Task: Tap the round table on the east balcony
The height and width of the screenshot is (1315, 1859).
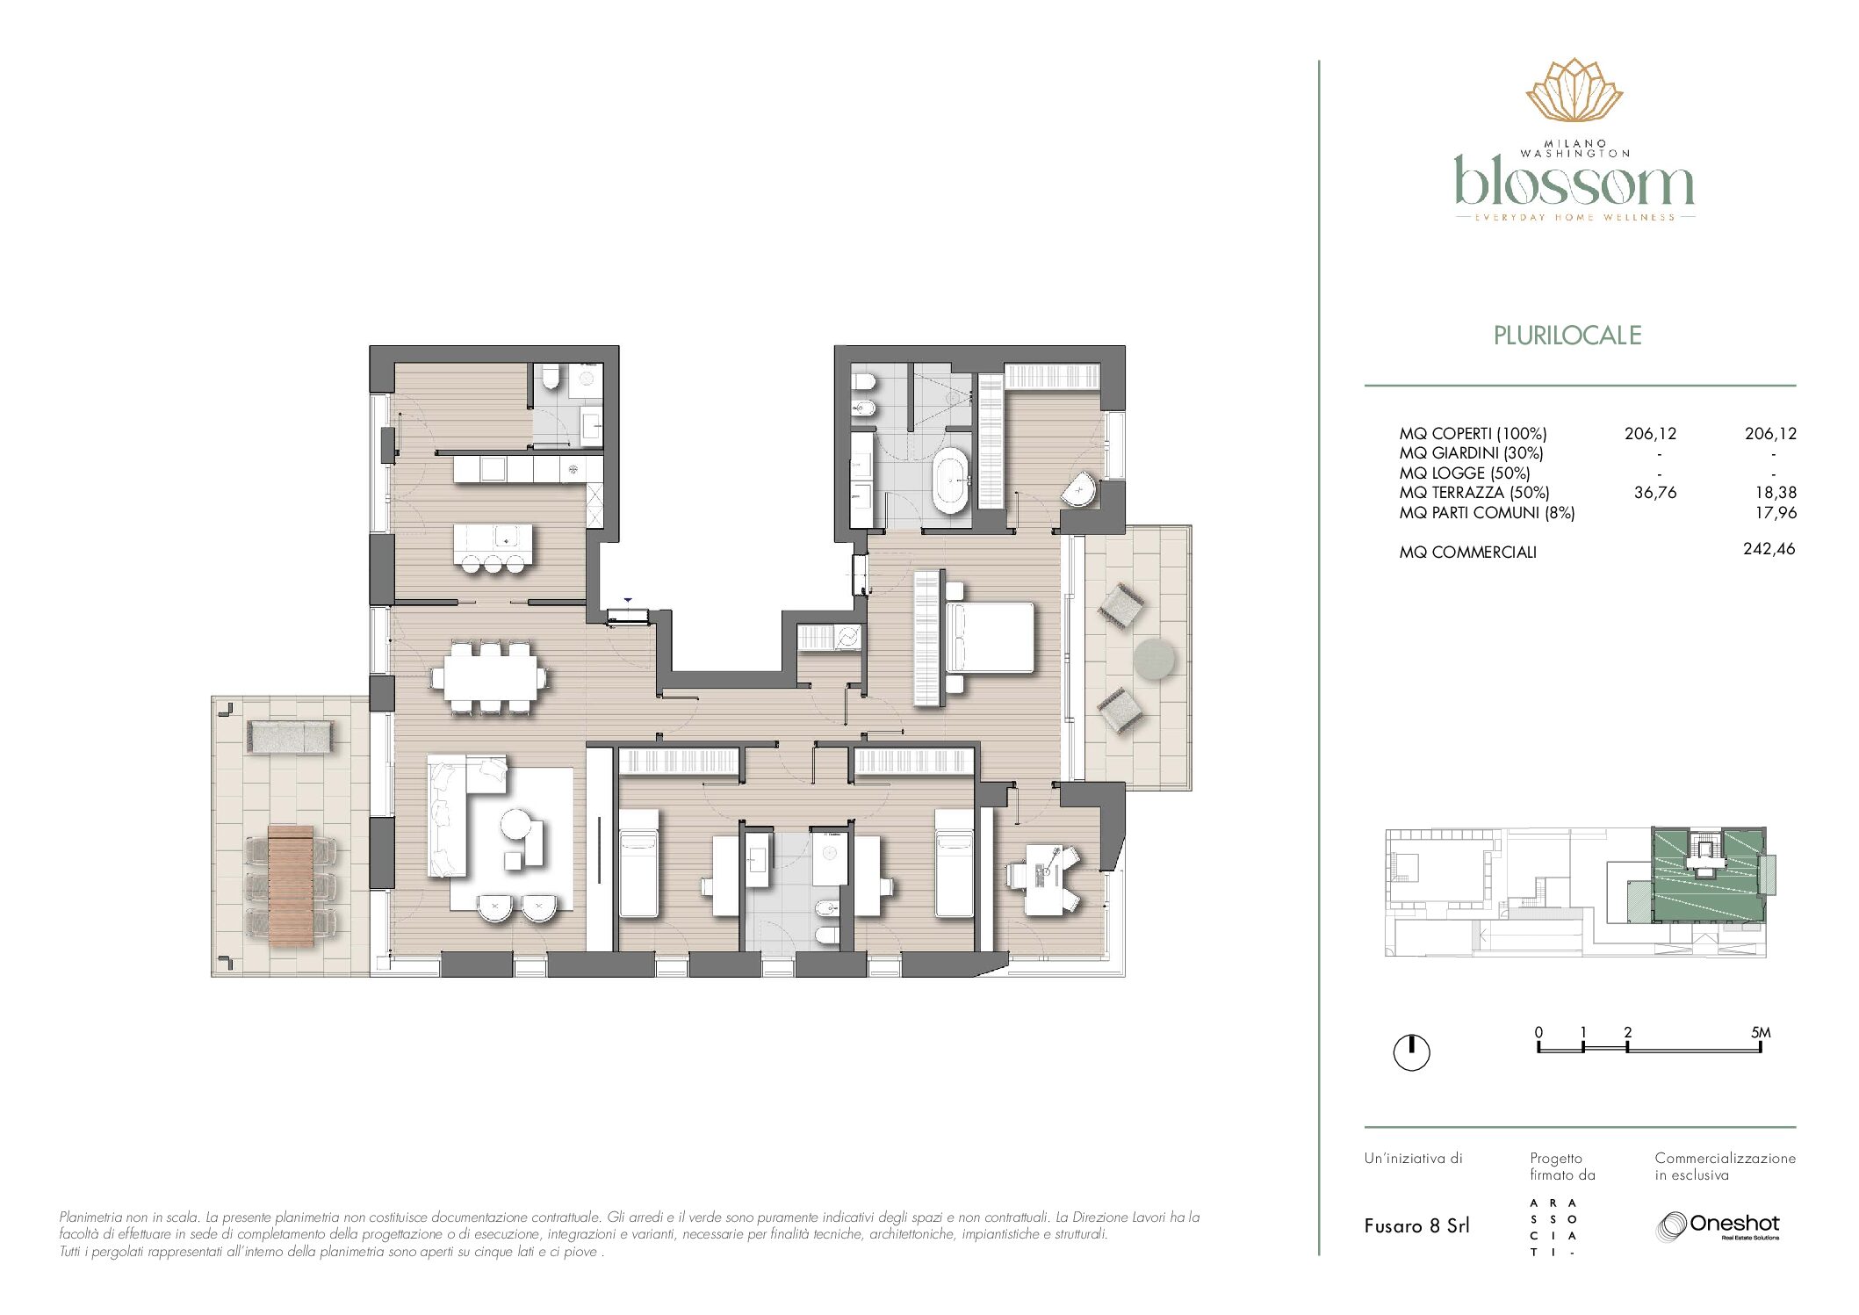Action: (1154, 659)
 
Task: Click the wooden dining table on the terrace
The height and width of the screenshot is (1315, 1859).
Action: (291, 885)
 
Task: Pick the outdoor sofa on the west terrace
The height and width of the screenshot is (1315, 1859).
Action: (290, 737)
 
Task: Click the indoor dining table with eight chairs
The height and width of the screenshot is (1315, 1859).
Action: (490, 678)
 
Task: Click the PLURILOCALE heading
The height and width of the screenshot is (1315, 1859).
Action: (1567, 336)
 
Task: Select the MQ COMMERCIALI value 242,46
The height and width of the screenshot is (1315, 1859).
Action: (1769, 549)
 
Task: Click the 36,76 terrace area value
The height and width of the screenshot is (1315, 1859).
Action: (1654, 493)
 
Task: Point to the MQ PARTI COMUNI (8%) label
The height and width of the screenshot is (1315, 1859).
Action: (1487, 513)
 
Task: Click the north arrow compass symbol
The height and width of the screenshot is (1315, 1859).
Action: (1412, 1052)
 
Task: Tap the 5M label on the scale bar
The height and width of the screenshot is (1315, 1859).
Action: (1761, 1032)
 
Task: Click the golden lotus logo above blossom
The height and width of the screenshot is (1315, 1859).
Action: (1574, 90)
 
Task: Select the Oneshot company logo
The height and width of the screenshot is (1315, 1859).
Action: (1718, 1226)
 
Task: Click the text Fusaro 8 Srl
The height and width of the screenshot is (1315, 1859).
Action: (1416, 1226)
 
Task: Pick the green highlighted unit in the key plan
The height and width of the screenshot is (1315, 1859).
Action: (1708, 874)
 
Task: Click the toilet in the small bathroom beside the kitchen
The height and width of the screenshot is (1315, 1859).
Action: (551, 378)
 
